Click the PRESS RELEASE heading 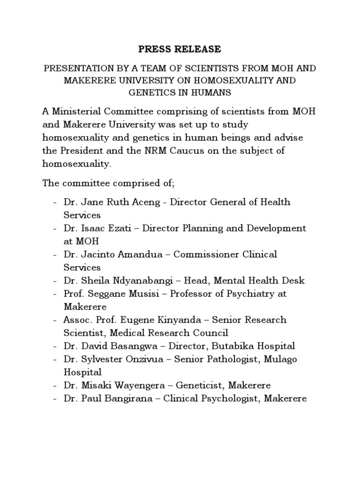(180, 49)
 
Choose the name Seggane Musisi (127, 294)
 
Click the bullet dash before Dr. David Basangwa (56, 346)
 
